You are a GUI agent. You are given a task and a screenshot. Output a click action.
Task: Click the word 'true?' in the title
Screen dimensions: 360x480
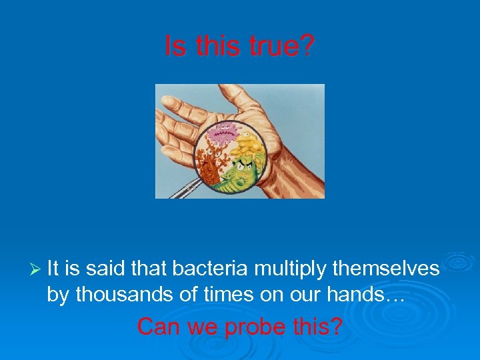tap(283, 47)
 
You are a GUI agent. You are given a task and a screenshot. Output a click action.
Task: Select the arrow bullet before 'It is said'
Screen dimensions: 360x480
tap(36, 269)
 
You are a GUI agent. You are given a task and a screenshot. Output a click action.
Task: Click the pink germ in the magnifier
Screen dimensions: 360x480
tap(222, 135)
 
